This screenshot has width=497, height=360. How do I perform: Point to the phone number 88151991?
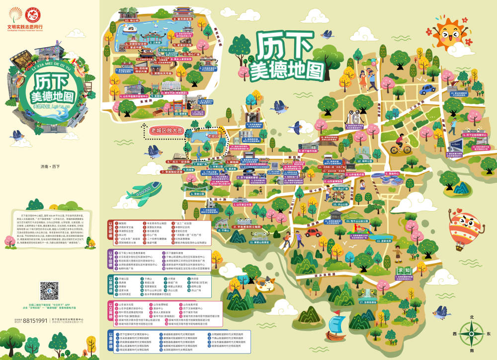34,321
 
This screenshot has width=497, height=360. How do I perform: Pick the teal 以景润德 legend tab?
111,286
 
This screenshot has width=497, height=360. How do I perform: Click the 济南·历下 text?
49,166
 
